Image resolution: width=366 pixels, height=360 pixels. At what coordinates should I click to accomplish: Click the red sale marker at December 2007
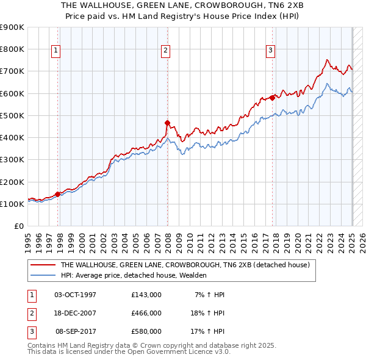[167, 123]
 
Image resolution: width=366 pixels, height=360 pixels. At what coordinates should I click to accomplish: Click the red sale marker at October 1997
[58, 194]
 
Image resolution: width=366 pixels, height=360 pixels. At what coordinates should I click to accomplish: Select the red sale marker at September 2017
[272, 98]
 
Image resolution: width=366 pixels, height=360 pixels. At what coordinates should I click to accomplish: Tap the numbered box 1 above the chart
[56, 51]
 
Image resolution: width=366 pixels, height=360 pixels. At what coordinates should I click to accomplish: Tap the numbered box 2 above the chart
[165, 51]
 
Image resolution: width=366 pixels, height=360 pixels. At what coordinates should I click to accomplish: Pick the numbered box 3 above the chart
[270, 51]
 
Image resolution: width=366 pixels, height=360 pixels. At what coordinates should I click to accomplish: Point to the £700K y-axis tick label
[12, 71]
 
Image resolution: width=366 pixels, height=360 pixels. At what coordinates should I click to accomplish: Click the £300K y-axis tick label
[12, 160]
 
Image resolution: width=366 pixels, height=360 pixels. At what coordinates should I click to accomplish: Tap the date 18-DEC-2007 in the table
[76, 313]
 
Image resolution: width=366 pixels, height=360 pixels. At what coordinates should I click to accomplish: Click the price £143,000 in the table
[146, 295]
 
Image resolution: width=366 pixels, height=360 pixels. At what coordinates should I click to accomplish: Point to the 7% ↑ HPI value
[210, 295]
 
